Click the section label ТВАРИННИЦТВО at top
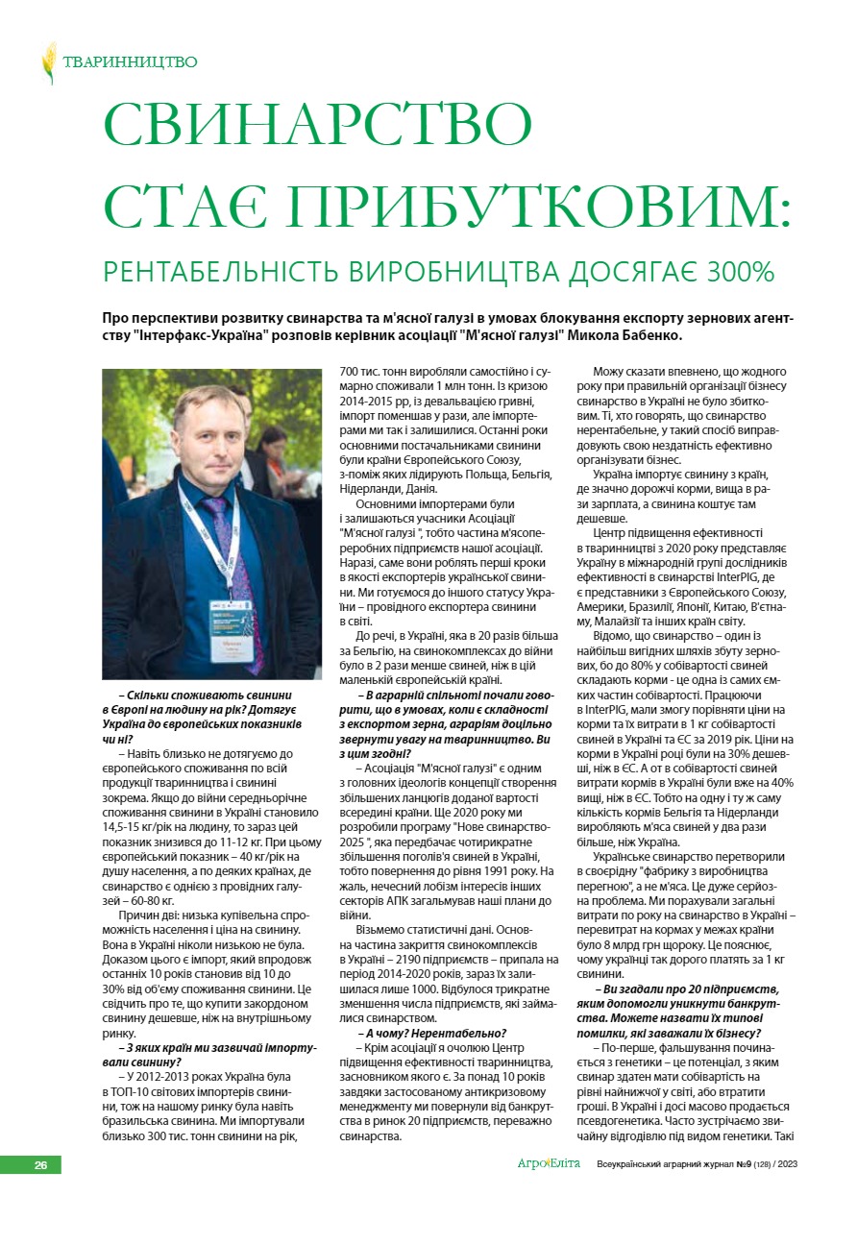coord(130,62)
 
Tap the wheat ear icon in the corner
coord(48,62)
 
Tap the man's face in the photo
coord(222,436)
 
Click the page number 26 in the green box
coord(41,1165)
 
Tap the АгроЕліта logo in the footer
coord(549,1164)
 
